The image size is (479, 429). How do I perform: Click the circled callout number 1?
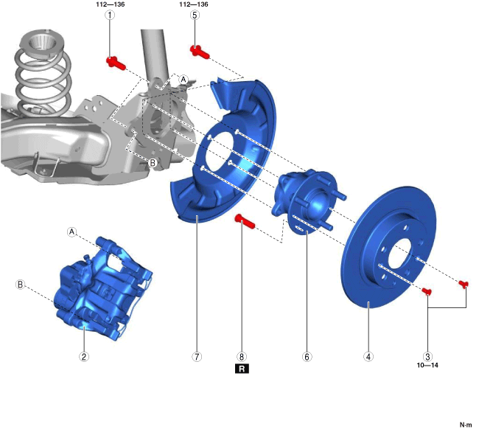coord(110,15)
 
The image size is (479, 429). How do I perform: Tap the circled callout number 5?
coord(195,15)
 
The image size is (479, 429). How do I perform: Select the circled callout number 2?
coord(84,356)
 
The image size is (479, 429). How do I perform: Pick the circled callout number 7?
coord(197,356)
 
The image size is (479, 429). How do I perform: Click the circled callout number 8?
coord(242,356)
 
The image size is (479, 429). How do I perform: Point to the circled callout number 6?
coord(307,356)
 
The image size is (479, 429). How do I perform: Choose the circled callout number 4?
coord(368,356)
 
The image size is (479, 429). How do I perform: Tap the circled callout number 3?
coord(427,356)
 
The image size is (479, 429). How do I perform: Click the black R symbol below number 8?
coord(242,369)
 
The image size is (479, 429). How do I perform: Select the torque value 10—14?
coord(427,365)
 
